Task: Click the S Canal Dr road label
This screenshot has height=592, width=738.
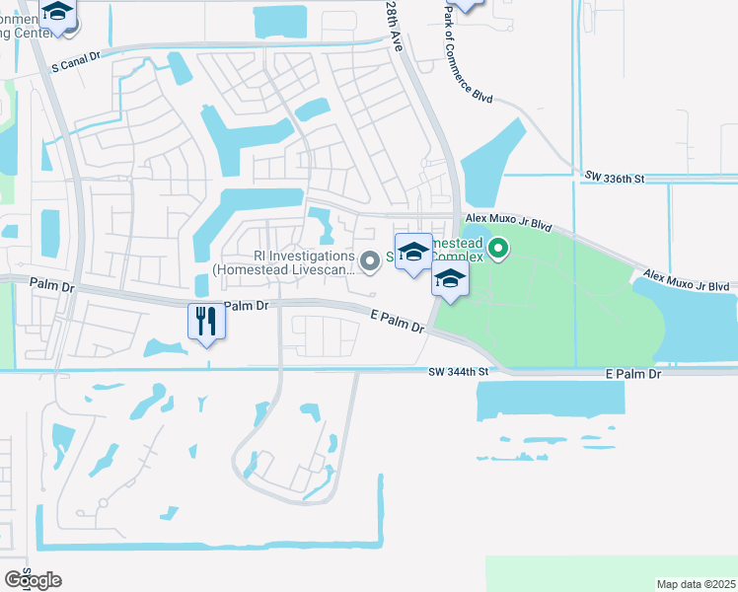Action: click(x=76, y=59)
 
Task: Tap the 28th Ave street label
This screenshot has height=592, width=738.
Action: click(x=395, y=38)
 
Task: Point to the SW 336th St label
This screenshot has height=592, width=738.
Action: click(x=614, y=178)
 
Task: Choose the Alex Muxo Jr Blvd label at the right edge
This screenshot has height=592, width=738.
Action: click(x=687, y=281)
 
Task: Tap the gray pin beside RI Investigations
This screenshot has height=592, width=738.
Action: click(x=370, y=260)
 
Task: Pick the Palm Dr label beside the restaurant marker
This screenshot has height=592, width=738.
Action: click(x=247, y=306)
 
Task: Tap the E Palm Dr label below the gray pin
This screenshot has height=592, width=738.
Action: click(x=398, y=321)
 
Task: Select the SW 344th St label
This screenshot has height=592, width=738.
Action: click(x=460, y=372)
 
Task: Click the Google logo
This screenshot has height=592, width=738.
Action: click(x=33, y=580)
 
